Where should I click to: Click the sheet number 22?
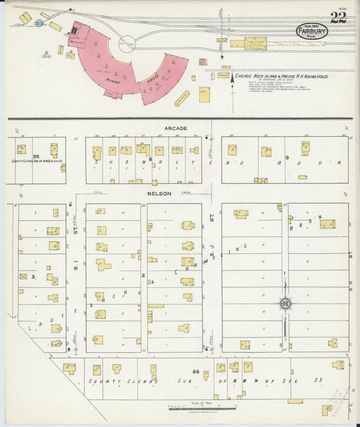[x=338, y=18]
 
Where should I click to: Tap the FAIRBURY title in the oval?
[x=311, y=30]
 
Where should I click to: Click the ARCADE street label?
[x=174, y=128]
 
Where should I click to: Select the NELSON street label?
[x=160, y=193]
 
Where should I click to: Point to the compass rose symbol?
[x=285, y=303]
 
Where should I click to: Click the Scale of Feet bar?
[x=202, y=407]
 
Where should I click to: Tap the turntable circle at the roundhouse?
[x=126, y=43]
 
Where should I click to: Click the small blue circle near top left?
[x=39, y=24]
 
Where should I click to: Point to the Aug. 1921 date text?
[x=311, y=23]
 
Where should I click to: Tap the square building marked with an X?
[x=24, y=276]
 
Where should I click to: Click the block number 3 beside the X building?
[x=34, y=276]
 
